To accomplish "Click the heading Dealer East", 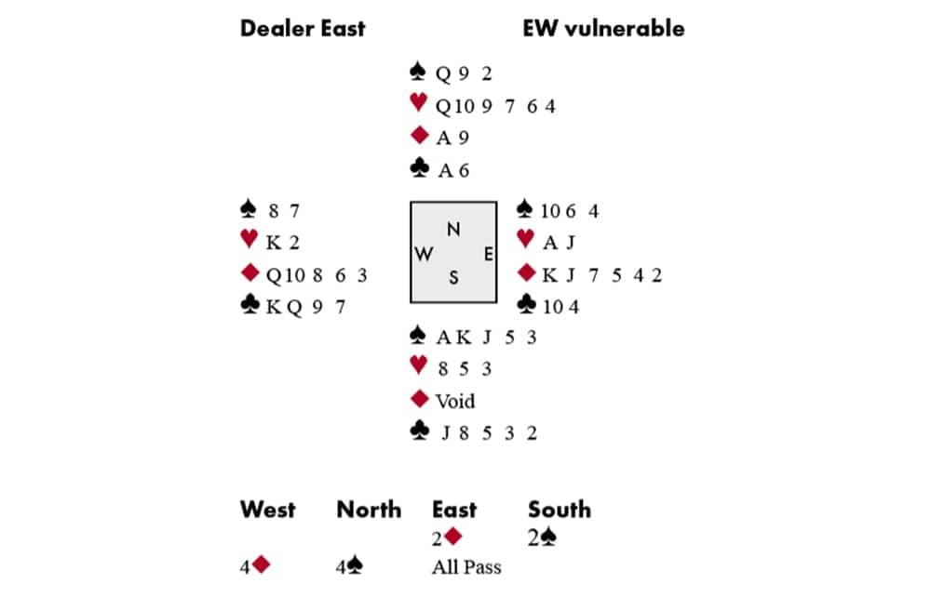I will [303, 28].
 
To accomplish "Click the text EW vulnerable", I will [603, 28].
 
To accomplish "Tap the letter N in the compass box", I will [453, 230].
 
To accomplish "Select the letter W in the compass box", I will [424, 254].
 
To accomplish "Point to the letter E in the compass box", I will [488, 253].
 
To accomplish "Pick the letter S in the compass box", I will [453, 277].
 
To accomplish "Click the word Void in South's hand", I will [455, 401].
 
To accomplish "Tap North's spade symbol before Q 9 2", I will [418, 73].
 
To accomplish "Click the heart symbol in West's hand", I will [249, 241].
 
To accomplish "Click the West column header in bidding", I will [268, 510].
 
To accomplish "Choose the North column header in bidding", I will [369, 510].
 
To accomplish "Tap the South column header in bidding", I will [560, 510].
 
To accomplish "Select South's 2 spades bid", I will [547, 537].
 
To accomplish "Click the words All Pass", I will [466, 565].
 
